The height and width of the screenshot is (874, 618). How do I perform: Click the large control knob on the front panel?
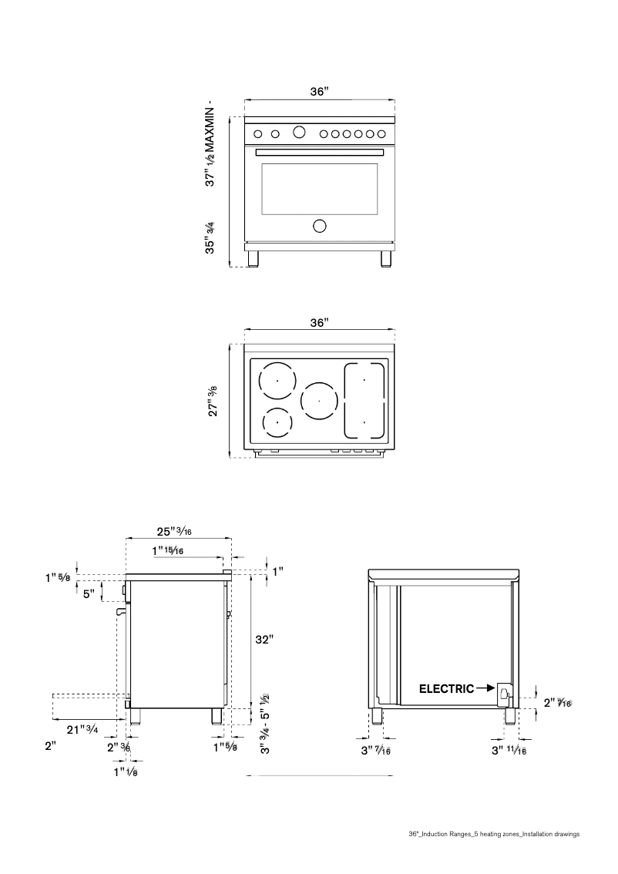pyautogui.click(x=299, y=133)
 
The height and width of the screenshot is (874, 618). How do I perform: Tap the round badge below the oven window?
pyautogui.click(x=319, y=226)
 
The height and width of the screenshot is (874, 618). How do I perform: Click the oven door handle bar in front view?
pyautogui.click(x=319, y=152)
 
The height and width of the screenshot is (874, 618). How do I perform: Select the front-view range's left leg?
pyautogui.click(x=253, y=257)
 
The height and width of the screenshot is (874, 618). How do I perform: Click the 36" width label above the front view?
pyautogui.click(x=319, y=92)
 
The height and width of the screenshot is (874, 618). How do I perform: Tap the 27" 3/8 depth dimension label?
pyautogui.click(x=213, y=401)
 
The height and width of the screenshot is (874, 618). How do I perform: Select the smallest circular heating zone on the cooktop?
pyautogui.click(x=277, y=422)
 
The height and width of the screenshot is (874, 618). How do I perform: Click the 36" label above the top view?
pyautogui.click(x=319, y=322)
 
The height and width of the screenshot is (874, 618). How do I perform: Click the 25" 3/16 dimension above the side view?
pyautogui.click(x=175, y=532)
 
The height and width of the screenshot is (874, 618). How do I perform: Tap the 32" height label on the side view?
pyautogui.click(x=264, y=639)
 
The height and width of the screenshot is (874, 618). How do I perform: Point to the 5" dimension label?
pyautogui.click(x=89, y=594)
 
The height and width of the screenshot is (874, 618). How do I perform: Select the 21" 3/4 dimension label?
pyautogui.click(x=82, y=729)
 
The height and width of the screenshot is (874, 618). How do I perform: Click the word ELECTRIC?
pyautogui.click(x=446, y=689)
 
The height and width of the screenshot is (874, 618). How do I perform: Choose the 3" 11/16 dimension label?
pyautogui.click(x=509, y=751)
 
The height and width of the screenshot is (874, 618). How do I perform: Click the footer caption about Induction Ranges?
pyautogui.click(x=493, y=834)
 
